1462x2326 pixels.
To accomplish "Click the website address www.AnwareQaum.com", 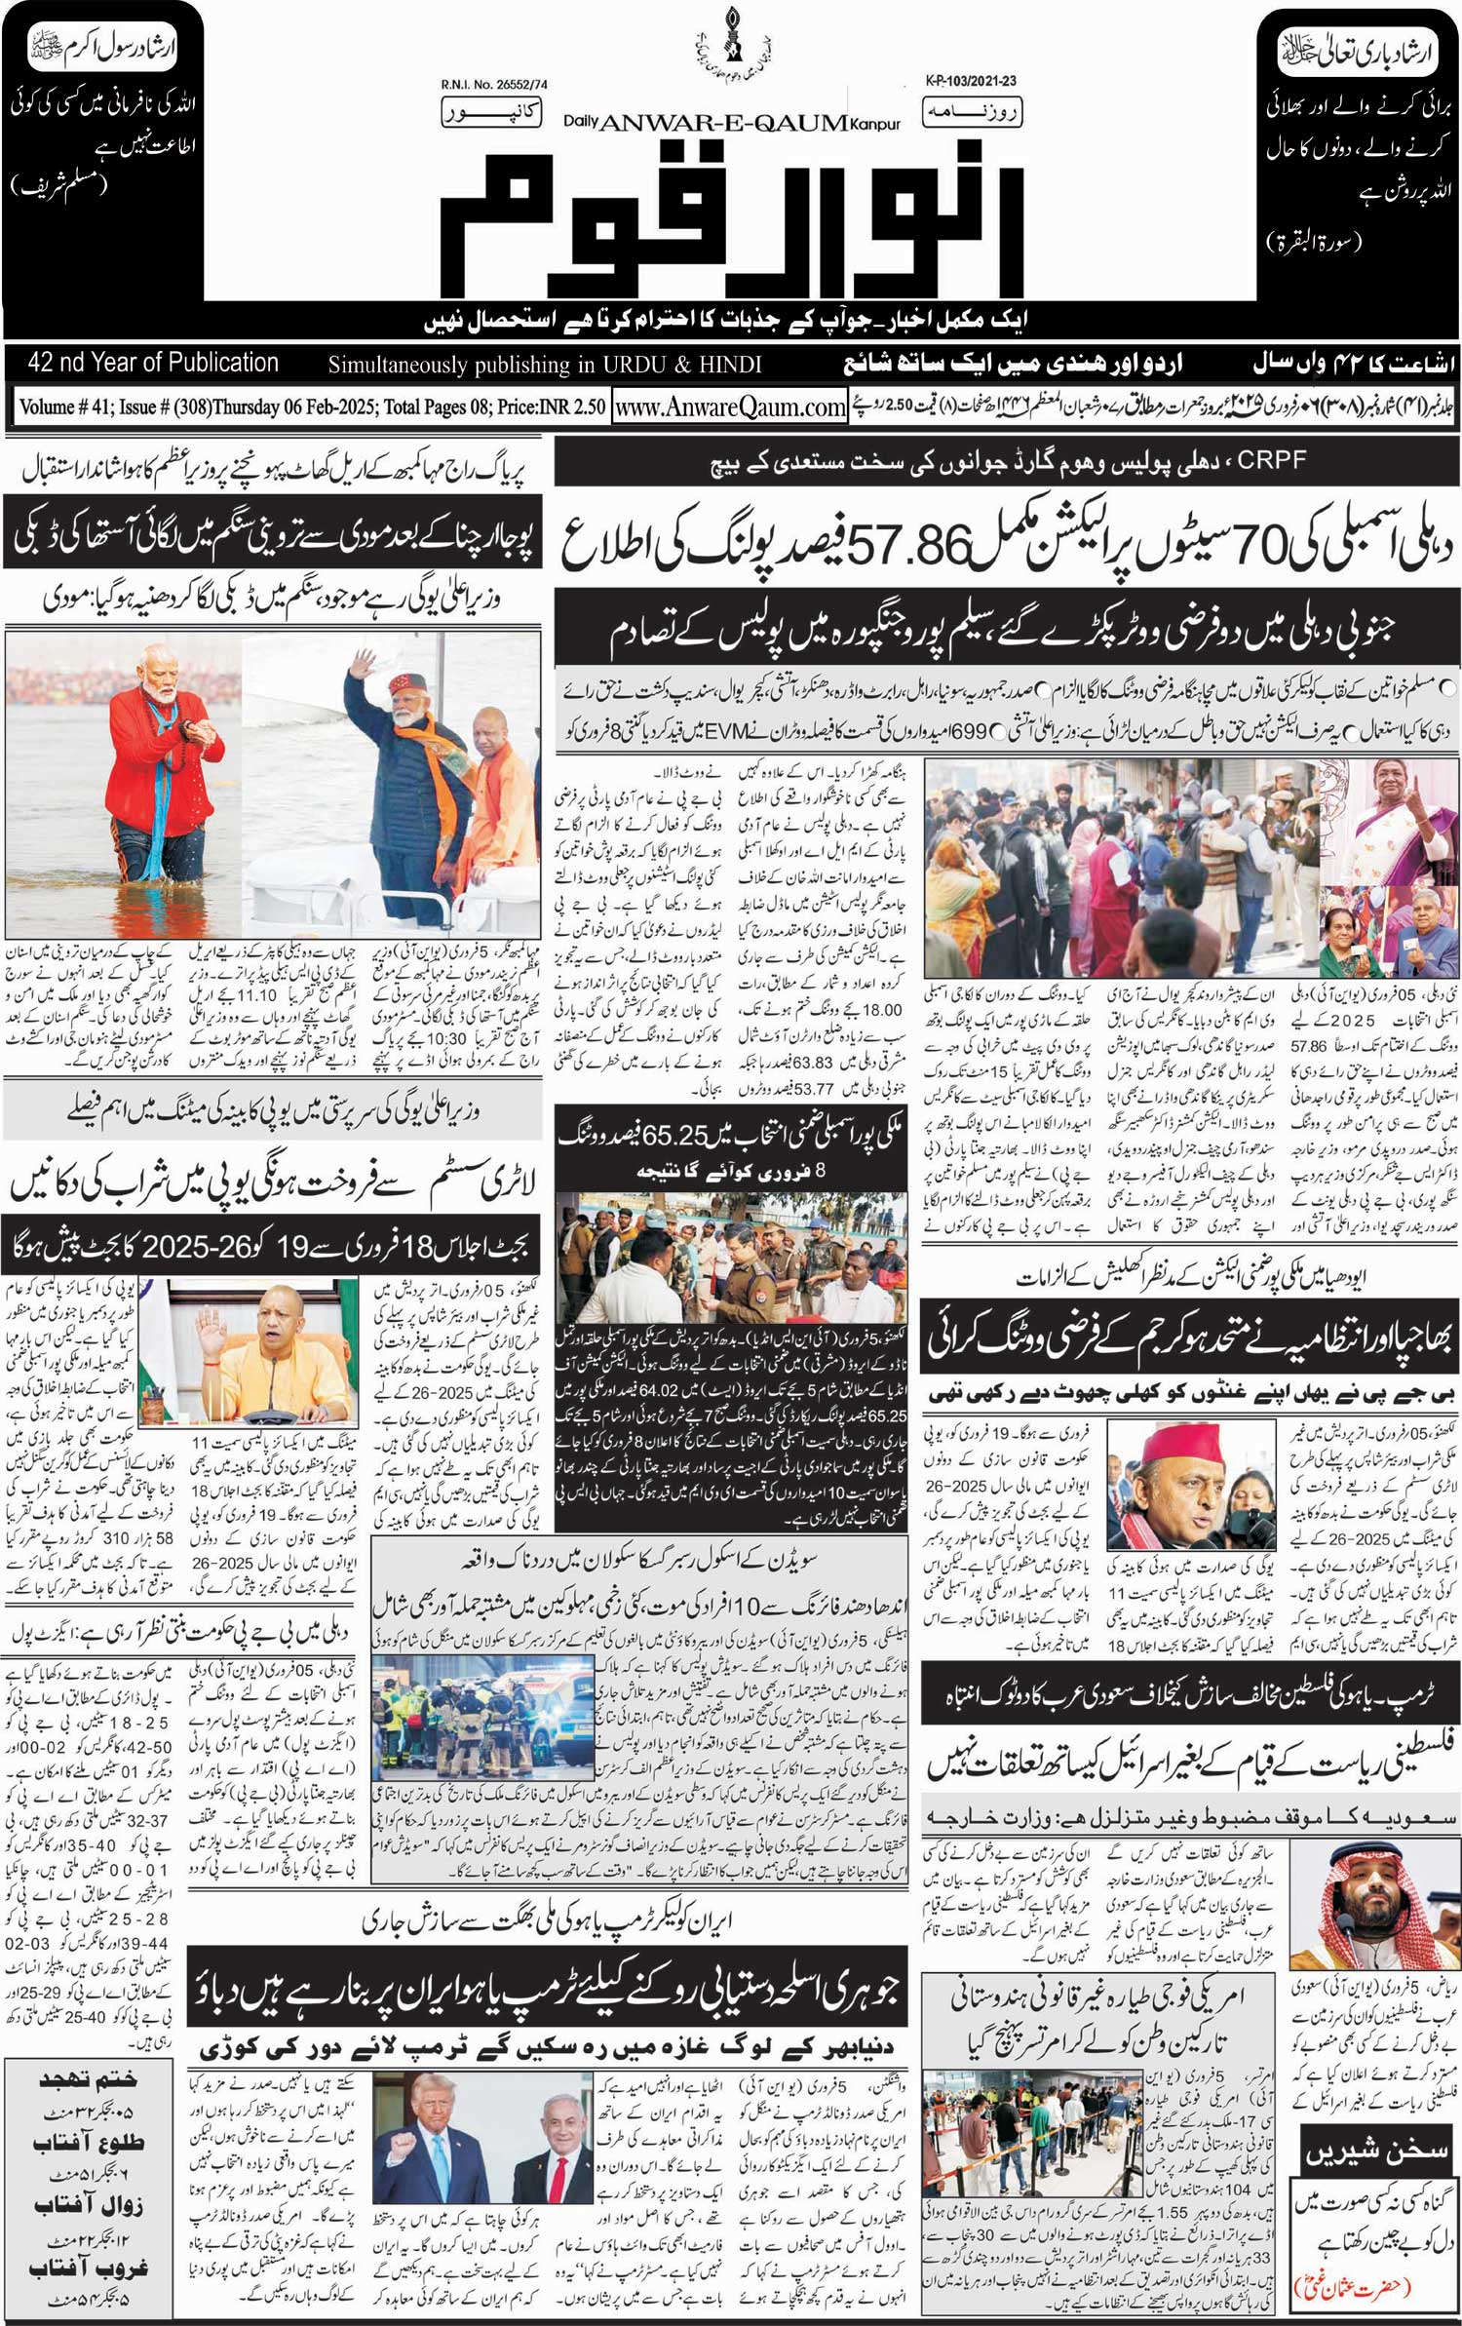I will tap(730, 407).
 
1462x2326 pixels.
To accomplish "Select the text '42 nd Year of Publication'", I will tap(154, 363).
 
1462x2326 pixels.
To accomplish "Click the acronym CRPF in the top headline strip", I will tap(1271, 460).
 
